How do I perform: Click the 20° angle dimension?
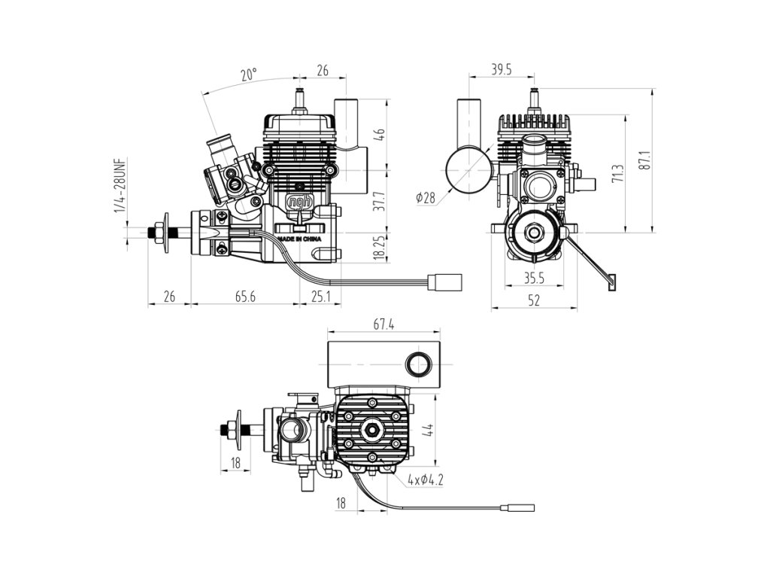(249, 75)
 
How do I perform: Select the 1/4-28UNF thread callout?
(120, 185)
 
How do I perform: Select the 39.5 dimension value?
(502, 70)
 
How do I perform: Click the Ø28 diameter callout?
(426, 197)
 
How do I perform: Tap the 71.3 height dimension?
(617, 174)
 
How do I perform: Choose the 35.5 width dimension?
(534, 278)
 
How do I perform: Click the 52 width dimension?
(534, 301)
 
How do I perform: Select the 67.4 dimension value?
(383, 324)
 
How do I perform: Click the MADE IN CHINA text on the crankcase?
(300, 239)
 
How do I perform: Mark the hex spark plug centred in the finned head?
(372, 430)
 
